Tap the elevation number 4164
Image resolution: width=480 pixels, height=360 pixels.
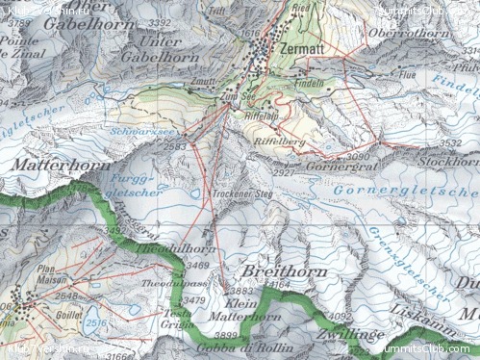pyautogui.click(x=280, y=286)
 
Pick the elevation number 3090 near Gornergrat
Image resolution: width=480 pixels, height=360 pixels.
pyautogui.click(x=358, y=155)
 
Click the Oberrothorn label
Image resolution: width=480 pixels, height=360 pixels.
pyautogui.click(x=417, y=34)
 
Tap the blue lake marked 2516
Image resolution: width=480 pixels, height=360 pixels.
pyautogui.click(x=93, y=323)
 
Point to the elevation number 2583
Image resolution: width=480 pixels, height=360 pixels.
pyautogui.click(x=174, y=146)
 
